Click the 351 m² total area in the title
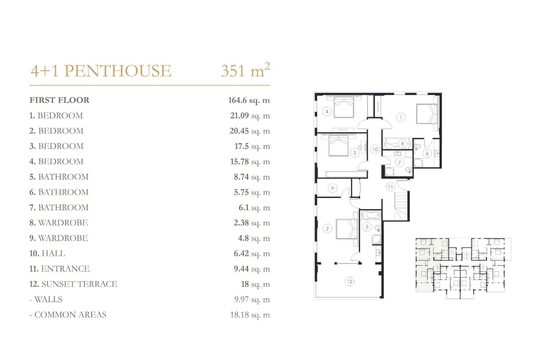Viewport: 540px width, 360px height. pyautogui.click(x=245, y=70)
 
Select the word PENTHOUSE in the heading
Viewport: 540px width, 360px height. pyautogui.click(x=118, y=71)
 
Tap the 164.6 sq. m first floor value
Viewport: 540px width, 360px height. pyautogui.click(x=249, y=100)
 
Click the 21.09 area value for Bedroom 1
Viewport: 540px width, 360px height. pyautogui.click(x=239, y=115)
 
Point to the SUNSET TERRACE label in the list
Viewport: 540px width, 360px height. pyautogui.click(x=79, y=284)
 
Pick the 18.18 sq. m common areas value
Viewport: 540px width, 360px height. pyautogui.click(x=250, y=315)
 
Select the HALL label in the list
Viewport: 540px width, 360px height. pyautogui.click(x=53, y=253)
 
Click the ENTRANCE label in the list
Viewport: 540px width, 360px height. pyautogui.click(x=65, y=269)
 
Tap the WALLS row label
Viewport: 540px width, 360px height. pyautogui.click(x=48, y=299)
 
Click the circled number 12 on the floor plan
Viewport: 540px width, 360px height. pyautogui.click(x=349, y=281)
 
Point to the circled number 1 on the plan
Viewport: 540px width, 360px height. pyautogui.click(x=401, y=117)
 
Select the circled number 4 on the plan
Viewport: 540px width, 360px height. pyautogui.click(x=327, y=112)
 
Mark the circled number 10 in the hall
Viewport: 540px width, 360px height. pyautogui.click(x=375, y=149)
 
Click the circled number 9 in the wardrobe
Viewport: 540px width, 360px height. pyautogui.click(x=332, y=188)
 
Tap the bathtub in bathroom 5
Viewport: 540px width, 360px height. pyautogui.click(x=371, y=215)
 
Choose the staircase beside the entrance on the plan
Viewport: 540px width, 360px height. pyautogui.click(x=401, y=207)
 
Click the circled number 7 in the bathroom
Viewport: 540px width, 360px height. pyautogui.click(x=399, y=163)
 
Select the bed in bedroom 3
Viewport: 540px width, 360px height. pyautogui.click(x=339, y=145)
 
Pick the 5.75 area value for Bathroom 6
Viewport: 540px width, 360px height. pyautogui.click(x=241, y=192)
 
